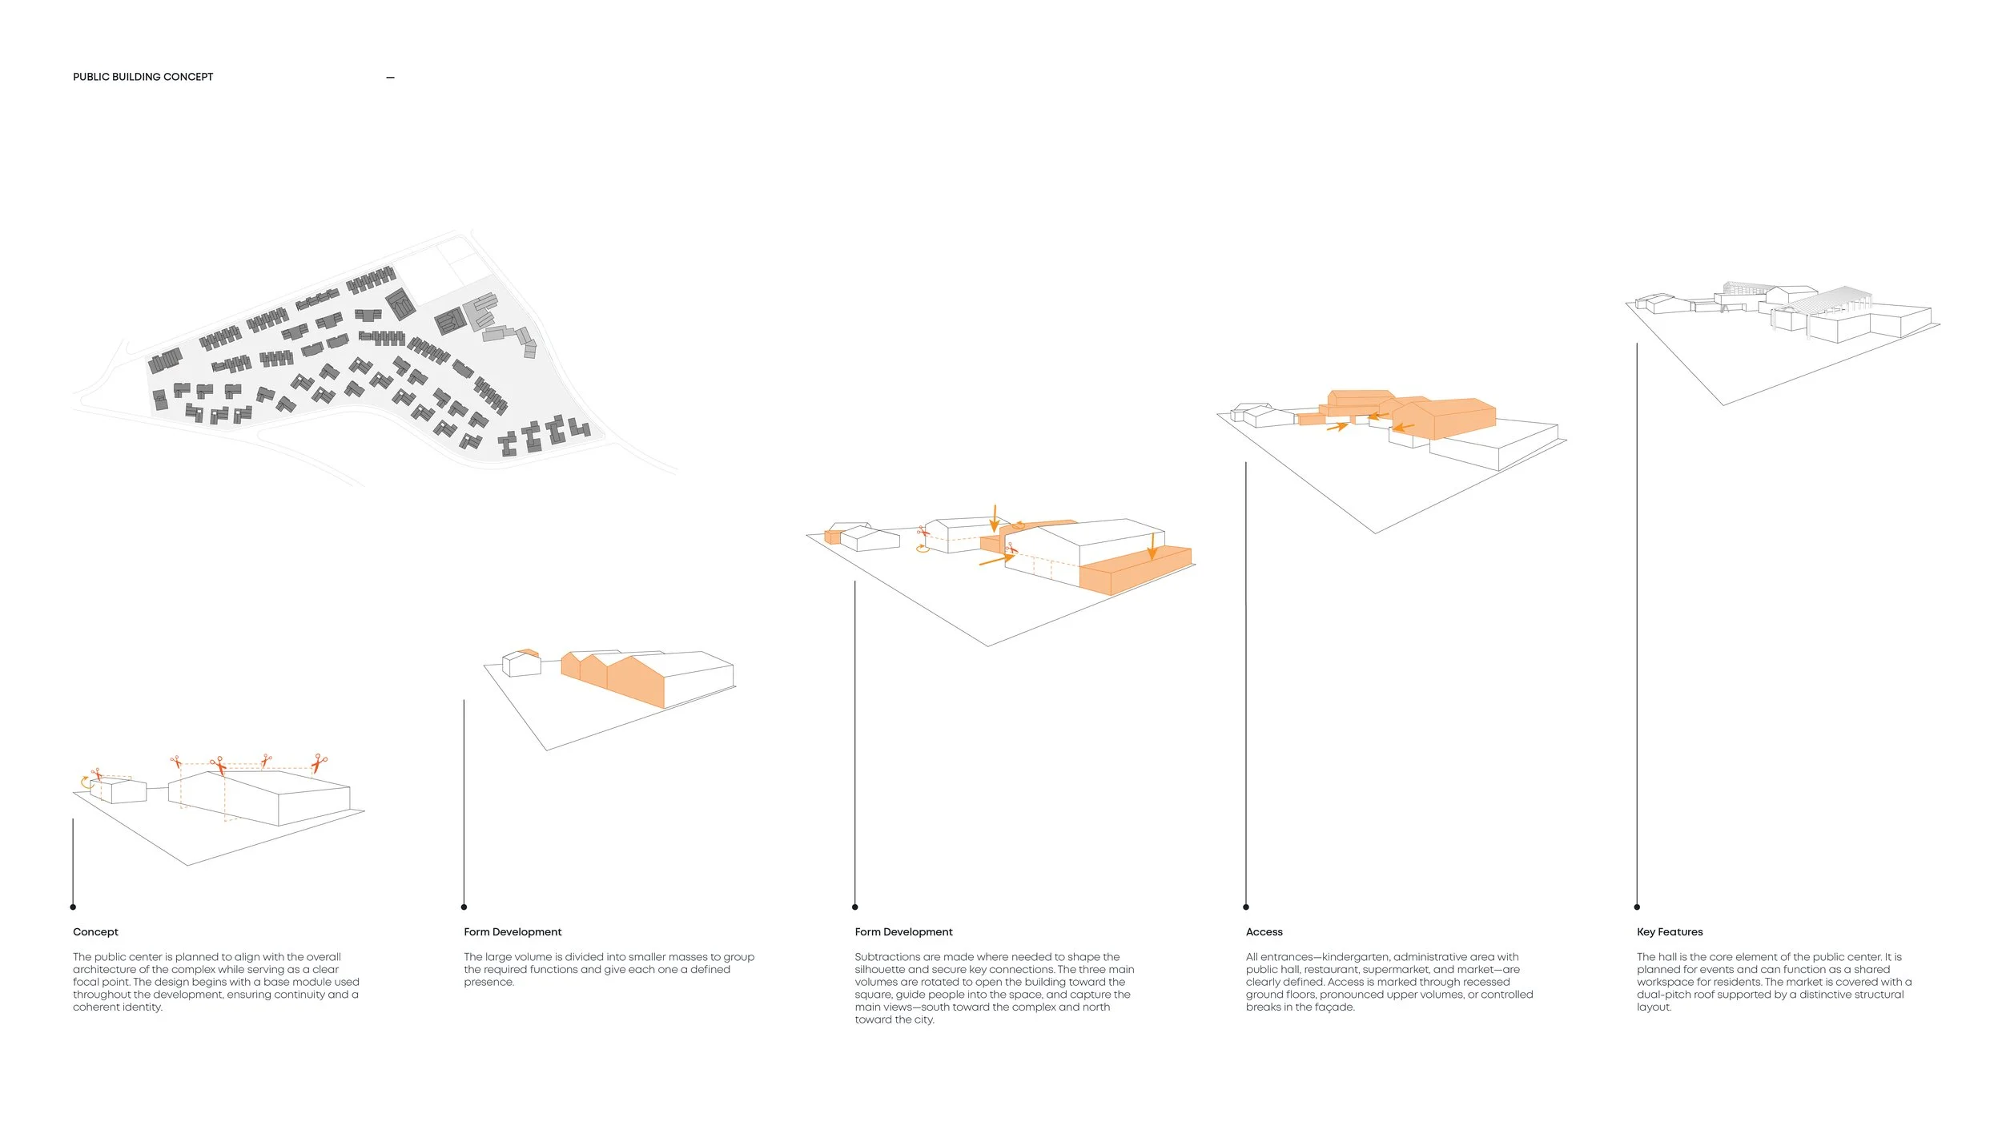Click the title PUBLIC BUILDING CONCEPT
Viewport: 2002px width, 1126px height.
(143, 77)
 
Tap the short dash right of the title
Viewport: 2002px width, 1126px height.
(390, 78)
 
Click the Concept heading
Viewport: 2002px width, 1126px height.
(95, 931)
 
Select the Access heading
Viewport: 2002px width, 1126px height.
(1264, 931)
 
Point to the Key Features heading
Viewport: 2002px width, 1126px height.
(1670, 931)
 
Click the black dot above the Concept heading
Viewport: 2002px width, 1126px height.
(73, 907)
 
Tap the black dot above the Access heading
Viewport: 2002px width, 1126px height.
(1246, 907)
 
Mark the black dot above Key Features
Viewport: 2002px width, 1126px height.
(1637, 907)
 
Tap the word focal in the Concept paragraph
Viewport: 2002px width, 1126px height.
(86, 982)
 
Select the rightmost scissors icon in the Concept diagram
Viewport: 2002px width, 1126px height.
(320, 762)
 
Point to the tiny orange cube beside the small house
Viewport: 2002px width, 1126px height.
(833, 537)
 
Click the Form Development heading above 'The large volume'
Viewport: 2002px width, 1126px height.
(513, 931)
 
